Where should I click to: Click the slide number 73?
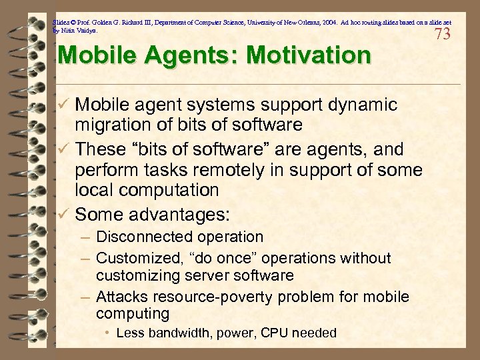[x=442, y=34]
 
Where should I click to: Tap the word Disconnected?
[x=139, y=237]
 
